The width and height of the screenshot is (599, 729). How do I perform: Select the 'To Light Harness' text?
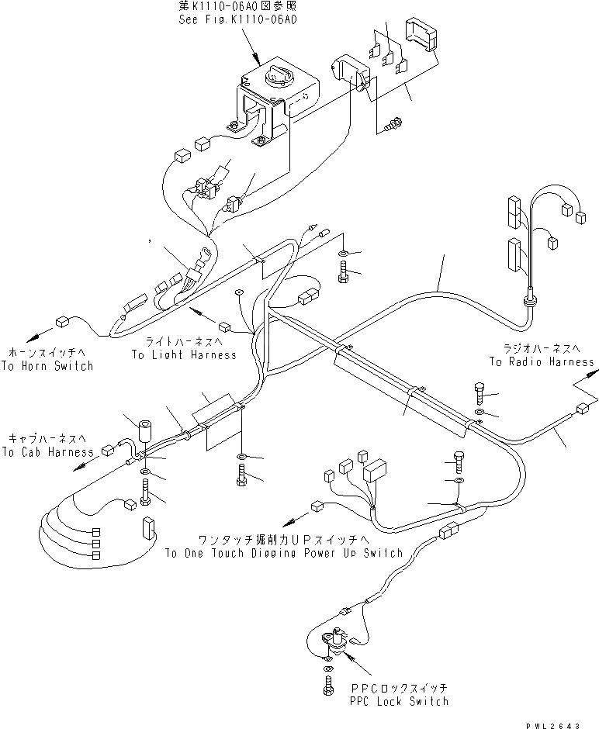(183, 355)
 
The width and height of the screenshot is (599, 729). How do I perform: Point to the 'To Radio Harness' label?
(542, 361)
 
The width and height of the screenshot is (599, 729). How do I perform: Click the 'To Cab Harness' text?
(47, 451)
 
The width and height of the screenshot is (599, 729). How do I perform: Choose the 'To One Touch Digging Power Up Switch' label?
(283, 553)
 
